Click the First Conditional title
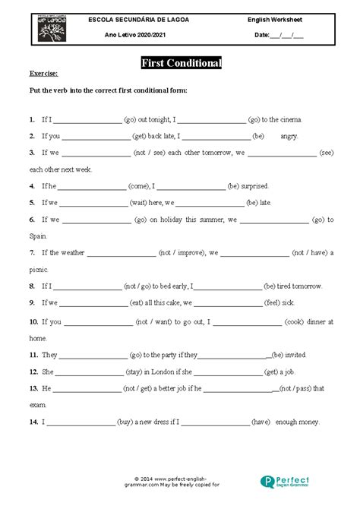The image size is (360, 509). click(x=182, y=64)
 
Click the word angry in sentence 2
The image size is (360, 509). click(x=289, y=137)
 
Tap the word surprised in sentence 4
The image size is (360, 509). click(x=254, y=185)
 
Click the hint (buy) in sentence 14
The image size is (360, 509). click(x=125, y=421)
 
